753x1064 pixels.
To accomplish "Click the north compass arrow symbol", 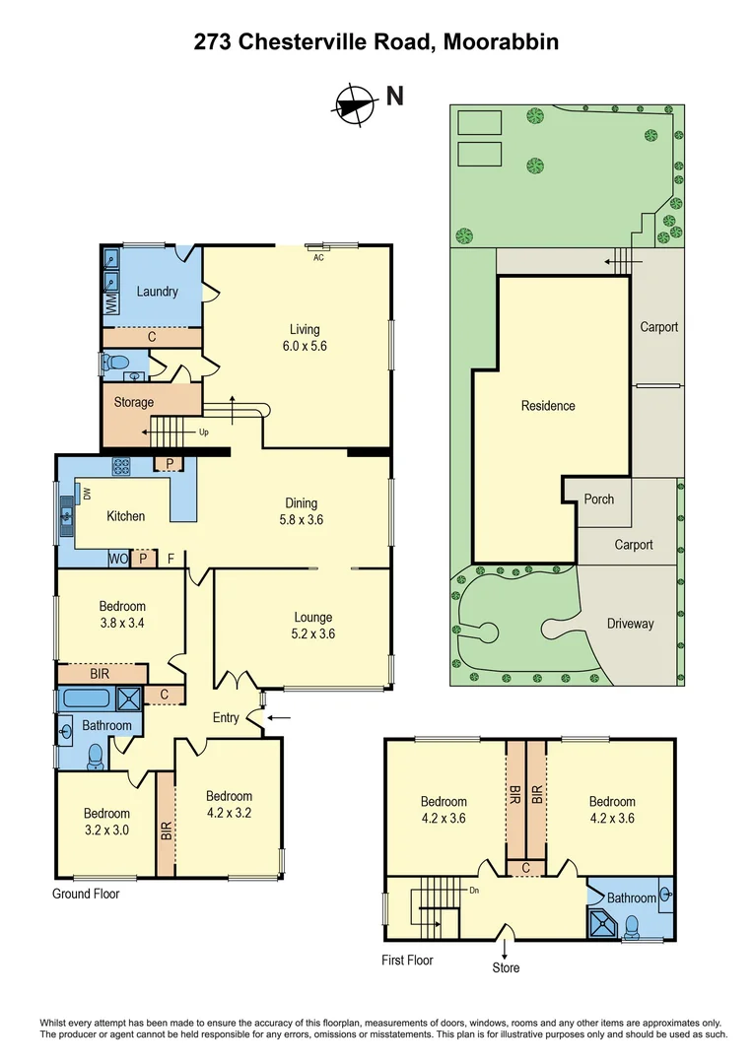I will coord(355,101).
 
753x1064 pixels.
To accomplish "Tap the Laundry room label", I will coord(157,292).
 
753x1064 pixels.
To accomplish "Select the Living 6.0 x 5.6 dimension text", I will coord(305,346).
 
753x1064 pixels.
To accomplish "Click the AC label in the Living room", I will coord(317,258).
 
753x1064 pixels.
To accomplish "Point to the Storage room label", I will coord(133,402).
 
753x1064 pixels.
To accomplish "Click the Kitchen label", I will coord(125,516).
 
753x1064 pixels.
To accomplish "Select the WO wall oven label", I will coord(118,559).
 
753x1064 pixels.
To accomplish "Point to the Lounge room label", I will coord(312,618).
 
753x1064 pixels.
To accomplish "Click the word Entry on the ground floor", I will coord(226,718).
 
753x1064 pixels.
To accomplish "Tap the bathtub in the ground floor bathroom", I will coord(87,698).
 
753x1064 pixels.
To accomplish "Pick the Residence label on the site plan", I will coord(548,406).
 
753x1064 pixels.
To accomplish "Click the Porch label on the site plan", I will coord(598,499).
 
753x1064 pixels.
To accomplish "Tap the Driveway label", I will coord(630,624).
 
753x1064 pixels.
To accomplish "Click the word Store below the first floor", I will coord(506,967).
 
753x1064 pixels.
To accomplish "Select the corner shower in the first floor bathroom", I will coord(601,923).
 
